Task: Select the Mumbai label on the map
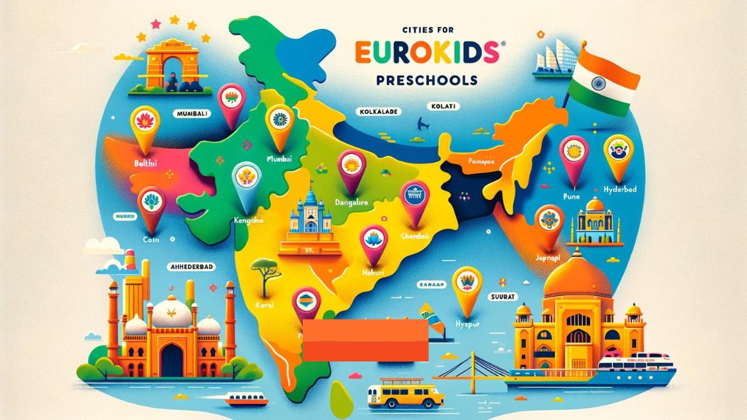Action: click(x=279, y=157)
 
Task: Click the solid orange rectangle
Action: click(x=366, y=339)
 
